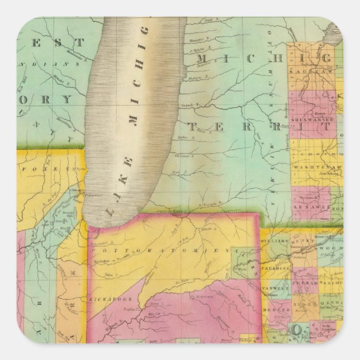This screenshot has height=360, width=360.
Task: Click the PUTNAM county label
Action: point(305,285)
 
